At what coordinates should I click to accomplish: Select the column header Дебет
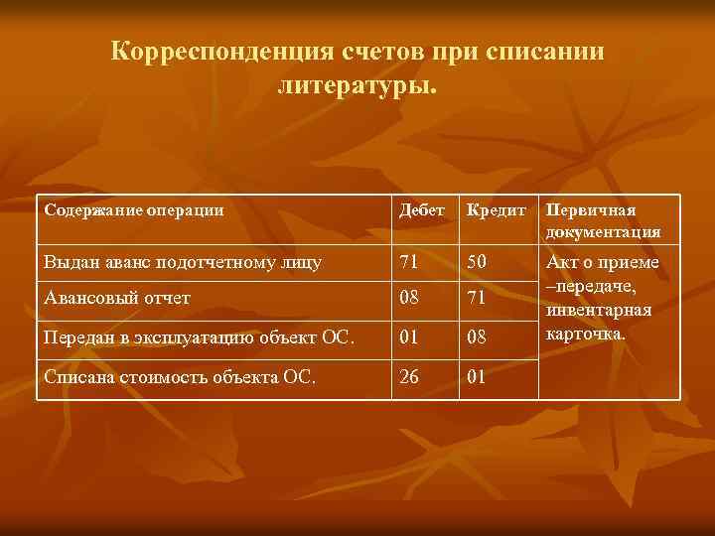421,210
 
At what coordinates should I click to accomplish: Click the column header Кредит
497,210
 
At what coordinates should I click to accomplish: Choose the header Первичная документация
603,221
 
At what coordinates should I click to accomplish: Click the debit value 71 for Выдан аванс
409,262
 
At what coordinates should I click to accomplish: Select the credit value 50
479,262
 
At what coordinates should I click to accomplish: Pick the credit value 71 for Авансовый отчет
479,297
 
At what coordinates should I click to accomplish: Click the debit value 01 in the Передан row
409,338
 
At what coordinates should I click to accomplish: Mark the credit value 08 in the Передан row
479,338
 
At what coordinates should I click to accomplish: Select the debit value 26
409,379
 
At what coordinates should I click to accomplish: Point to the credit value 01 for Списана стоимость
479,379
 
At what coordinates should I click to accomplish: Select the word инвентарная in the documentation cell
600,310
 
